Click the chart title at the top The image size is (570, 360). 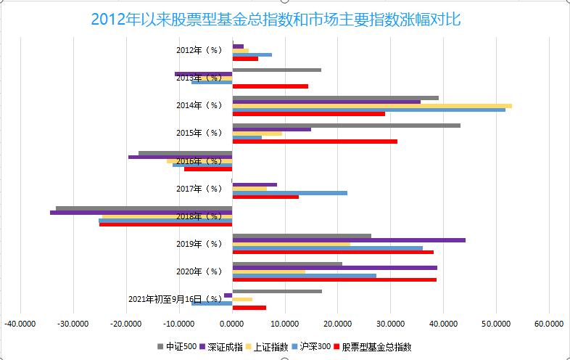point(276,18)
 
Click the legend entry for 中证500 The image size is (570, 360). point(177,346)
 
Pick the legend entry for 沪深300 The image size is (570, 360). point(314,346)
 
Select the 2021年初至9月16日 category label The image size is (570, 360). point(175,299)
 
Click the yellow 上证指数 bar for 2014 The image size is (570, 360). point(372,106)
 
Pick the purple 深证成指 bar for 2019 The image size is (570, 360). point(349,240)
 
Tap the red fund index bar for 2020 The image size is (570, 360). point(334,279)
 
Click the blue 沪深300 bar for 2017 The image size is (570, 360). point(289,193)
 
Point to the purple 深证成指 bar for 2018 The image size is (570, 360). point(141,213)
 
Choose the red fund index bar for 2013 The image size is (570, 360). point(270,86)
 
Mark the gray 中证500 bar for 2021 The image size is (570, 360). point(277,291)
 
